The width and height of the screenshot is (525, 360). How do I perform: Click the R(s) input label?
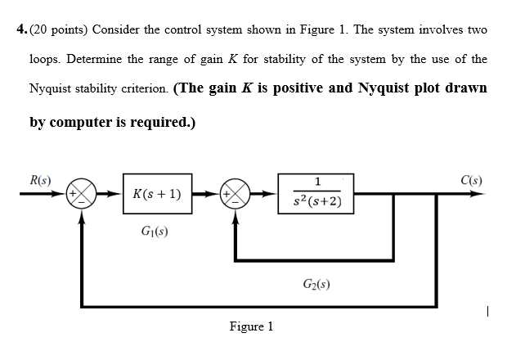(x=41, y=180)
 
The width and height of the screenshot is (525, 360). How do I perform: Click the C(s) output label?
(x=471, y=180)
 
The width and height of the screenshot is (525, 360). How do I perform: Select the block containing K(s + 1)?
(x=157, y=195)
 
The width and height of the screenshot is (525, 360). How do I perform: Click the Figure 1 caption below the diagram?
(x=251, y=326)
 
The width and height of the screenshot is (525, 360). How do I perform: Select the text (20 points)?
(x=58, y=29)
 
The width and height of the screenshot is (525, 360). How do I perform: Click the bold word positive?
(x=296, y=88)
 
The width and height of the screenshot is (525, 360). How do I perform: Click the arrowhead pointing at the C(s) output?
(x=480, y=195)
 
